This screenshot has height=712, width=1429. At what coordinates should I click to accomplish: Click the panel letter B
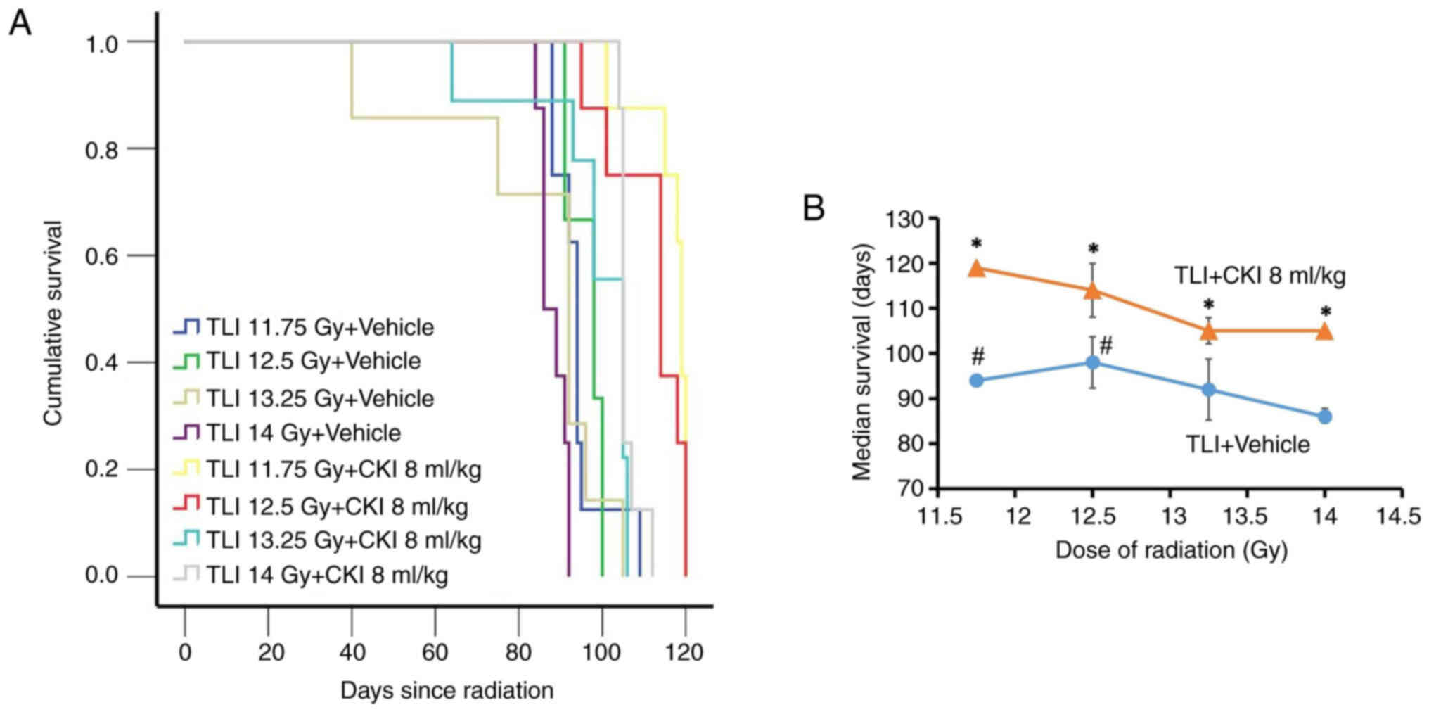(x=814, y=208)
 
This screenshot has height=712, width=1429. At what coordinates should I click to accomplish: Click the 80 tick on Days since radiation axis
(x=519, y=652)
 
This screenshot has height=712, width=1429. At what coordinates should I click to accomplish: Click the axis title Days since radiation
(x=447, y=690)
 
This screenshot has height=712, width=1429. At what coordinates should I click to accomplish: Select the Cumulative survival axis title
(x=53, y=324)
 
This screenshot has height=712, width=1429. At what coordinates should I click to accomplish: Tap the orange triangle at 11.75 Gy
(x=977, y=268)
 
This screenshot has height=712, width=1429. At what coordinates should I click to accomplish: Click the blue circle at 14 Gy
(x=1325, y=417)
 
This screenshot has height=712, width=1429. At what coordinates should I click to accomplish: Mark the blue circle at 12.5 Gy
(x=1093, y=363)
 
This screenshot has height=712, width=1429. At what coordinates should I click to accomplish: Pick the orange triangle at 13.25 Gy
(x=1209, y=330)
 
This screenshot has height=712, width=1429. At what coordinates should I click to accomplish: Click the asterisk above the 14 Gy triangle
(x=1325, y=312)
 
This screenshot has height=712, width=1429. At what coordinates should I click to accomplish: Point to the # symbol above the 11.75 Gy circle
(x=977, y=357)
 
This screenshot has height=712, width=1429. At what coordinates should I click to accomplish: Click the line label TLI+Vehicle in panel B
(x=1248, y=445)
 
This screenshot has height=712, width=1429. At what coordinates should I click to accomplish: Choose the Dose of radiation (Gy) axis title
(x=1171, y=550)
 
